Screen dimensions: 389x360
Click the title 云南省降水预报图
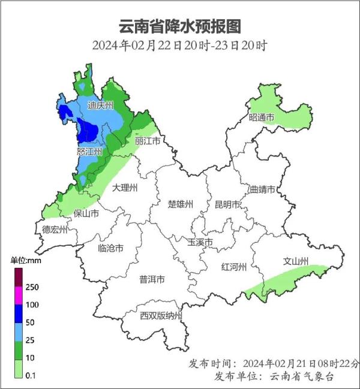pos(180,26)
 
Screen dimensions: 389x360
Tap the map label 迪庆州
pos(100,105)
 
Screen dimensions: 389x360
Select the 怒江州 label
pos(90,152)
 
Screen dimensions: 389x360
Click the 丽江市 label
pos(148,141)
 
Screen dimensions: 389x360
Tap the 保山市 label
pos(86,213)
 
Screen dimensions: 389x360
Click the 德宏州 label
pos(55,229)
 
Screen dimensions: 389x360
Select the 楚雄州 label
pos(180,204)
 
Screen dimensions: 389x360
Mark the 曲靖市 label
pos(262,189)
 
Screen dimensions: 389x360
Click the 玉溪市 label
pos(200,242)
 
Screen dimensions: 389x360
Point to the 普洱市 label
pos(152,279)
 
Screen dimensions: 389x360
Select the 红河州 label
pos(233,266)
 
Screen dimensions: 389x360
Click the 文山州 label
pos(295,261)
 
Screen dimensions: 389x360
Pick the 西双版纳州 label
pos(160,316)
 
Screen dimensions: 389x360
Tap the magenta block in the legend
pos(19,295)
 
